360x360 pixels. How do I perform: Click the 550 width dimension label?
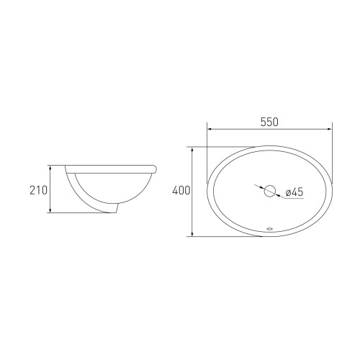[269, 122]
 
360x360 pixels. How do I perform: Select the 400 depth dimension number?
[181, 191]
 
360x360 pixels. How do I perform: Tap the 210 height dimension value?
[38, 190]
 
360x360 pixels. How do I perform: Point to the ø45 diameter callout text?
[294, 192]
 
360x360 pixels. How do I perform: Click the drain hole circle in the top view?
[270, 191]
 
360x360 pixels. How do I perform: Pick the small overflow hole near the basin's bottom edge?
[270, 229]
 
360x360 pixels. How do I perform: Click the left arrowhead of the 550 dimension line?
[209, 130]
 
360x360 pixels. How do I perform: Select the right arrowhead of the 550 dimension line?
[330, 130]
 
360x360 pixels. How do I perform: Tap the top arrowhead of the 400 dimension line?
[192, 149]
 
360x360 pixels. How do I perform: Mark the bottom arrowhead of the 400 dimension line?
[192, 234]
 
